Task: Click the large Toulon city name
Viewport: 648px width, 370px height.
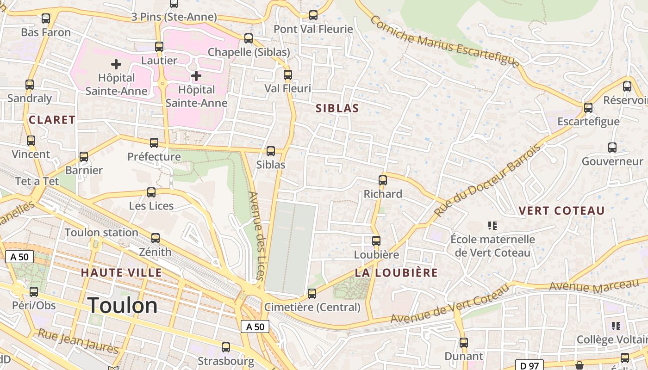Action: click(x=123, y=306)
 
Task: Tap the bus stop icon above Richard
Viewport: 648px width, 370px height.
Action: click(x=383, y=180)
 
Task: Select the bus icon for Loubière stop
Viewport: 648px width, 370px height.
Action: click(x=376, y=241)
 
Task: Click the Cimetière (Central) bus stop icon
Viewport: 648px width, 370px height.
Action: click(x=312, y=294)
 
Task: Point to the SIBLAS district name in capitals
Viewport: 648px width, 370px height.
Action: click(x=337, y=108)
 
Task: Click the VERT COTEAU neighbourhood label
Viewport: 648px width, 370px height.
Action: click(x=561, y=211)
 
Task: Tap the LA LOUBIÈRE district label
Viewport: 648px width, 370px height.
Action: click(x=396, y=273)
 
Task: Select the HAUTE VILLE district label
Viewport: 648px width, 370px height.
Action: click(x=121, y=273)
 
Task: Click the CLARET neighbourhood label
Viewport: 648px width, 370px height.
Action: click(x=52, y=120)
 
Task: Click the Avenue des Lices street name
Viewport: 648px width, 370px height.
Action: click(x=257, y=236)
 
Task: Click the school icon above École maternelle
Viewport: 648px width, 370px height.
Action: click(x=492, y=226)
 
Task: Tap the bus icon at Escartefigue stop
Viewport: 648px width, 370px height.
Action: click(x=588, y=108)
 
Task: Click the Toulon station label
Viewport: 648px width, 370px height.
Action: click(x=101, y=233)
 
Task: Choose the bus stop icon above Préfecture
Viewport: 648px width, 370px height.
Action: click(x=154, y=143)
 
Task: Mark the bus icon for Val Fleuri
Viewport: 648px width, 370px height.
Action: click(x=288, y=74)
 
